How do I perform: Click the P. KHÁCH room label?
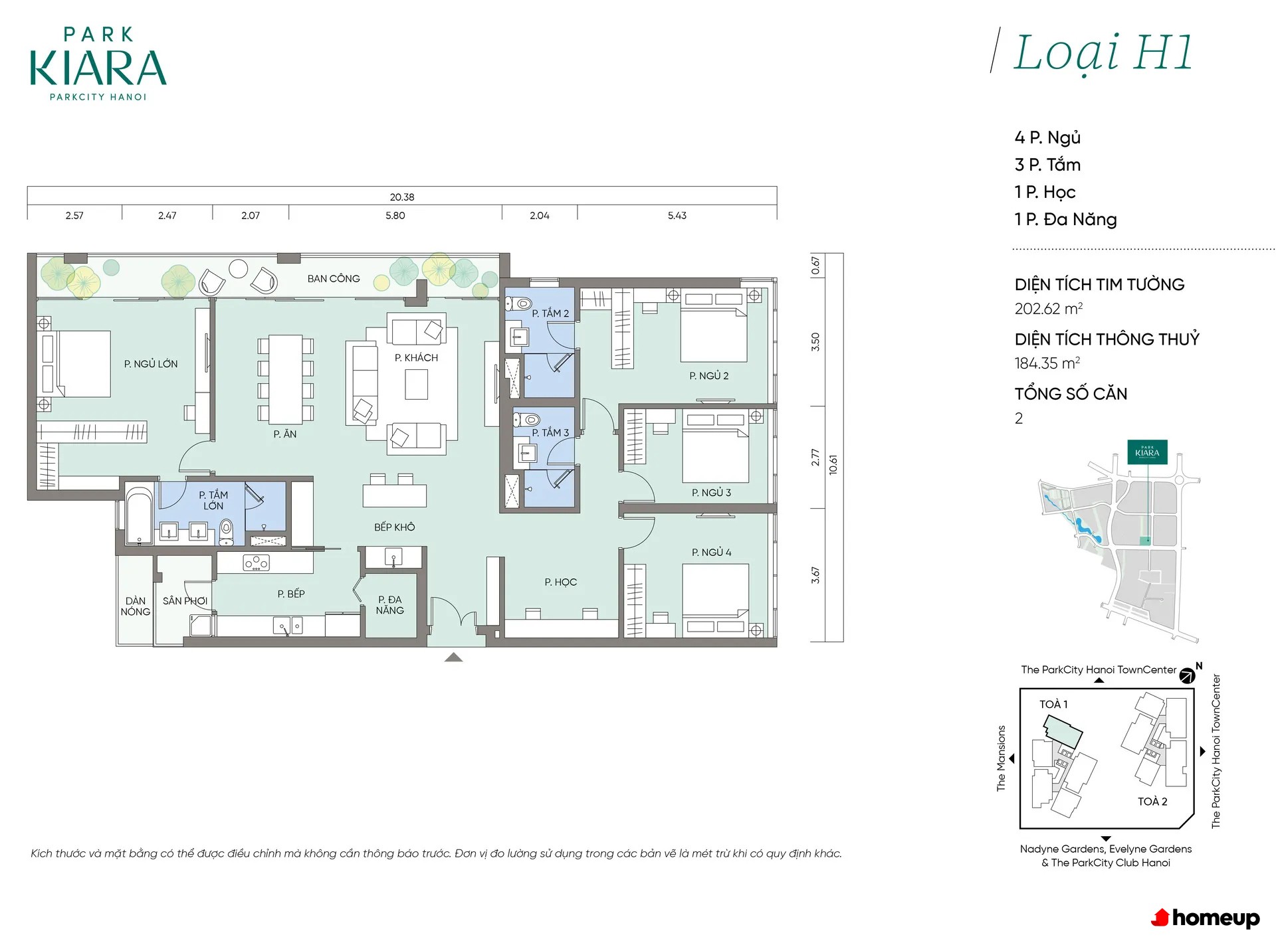click(x=416, y=357)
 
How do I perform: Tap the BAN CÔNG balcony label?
click(x=334, y=278)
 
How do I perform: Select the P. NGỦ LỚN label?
click(x=151, y=363)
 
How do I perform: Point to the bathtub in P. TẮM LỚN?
click(x=140, y=516)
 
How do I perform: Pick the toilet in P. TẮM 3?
click(x=526, y=420)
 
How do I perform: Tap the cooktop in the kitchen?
click(x=256, y=563)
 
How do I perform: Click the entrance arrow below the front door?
click(x=453, y=657)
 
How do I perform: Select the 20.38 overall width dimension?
click(x=402, y=197)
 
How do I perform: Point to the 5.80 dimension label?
click(x=395, y=215)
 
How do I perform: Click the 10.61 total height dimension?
click(x=833, y=465)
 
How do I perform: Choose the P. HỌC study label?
click(x=560, y=582)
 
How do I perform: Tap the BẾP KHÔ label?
click(x=394, y=527)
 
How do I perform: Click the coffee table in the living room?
click(x=417, y=385)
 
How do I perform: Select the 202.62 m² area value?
click(x=1049, y=309)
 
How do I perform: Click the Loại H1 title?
click(x=1103, y=53)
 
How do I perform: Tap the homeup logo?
click(x=1206, y=918)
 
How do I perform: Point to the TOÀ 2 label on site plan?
click(x=1152, y=802)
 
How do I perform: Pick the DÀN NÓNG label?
click(x=136, y=606)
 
